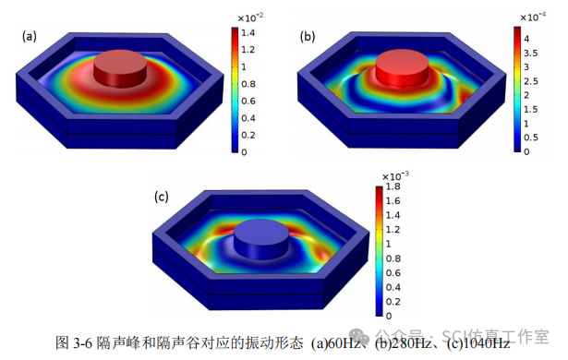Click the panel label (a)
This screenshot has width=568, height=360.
pos(30,36)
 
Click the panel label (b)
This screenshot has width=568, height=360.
pos(308,36)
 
